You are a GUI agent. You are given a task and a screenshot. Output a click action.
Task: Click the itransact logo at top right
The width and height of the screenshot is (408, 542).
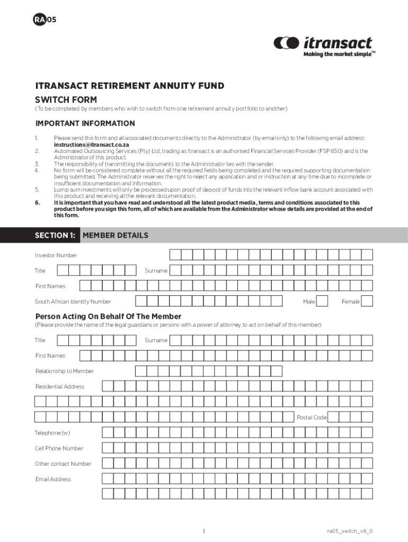(x=323, y=43)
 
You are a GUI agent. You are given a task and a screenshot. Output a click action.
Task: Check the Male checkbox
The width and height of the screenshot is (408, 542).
(x=322, y=301)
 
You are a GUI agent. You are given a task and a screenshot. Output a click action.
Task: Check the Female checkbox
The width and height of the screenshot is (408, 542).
(x=367, y=301)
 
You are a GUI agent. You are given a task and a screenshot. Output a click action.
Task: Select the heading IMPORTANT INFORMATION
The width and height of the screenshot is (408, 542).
(x=85, y=123)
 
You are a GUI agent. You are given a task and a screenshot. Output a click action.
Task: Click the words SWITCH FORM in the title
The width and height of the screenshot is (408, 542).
(x=66, y=99)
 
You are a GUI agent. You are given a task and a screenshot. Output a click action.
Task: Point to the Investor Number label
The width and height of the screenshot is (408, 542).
(x=56, y=255)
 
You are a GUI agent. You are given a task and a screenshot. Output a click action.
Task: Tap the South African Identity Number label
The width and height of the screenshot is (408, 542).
(x=73, y=302)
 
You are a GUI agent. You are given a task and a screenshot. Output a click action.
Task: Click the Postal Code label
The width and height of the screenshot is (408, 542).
(x=312, y=418)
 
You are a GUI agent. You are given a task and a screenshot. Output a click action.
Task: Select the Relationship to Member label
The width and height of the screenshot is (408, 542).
(x=65, y=371)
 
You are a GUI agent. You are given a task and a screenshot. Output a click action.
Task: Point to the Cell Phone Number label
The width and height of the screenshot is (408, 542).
(x=59, y=448)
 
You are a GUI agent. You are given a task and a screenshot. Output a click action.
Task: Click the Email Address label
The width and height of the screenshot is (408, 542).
(x=53, y=479)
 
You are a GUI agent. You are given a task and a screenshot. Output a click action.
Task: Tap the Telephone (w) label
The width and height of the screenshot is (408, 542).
(x=52, y=433)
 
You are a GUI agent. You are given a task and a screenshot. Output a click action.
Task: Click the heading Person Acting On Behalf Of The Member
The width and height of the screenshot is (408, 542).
(x=108, y=317)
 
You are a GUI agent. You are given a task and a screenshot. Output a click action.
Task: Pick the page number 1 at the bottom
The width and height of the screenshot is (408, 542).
(x=203, y=531)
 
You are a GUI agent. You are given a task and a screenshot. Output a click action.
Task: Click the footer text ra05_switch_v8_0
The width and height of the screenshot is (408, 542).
(x=353, y=531)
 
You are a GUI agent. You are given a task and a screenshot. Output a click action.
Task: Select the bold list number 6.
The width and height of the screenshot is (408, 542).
(x=37, y=202)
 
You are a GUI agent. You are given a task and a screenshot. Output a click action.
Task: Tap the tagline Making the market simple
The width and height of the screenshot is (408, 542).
(x=338, y=54)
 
